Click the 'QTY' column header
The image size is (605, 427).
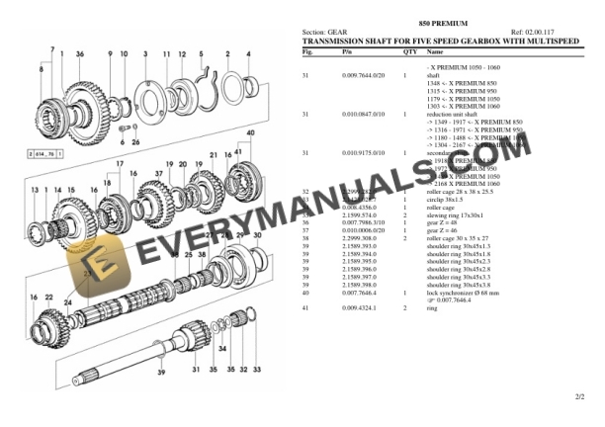pos(409,50)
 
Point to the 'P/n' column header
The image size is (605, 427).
pos(347,50)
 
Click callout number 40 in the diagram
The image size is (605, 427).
pos(250,132)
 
